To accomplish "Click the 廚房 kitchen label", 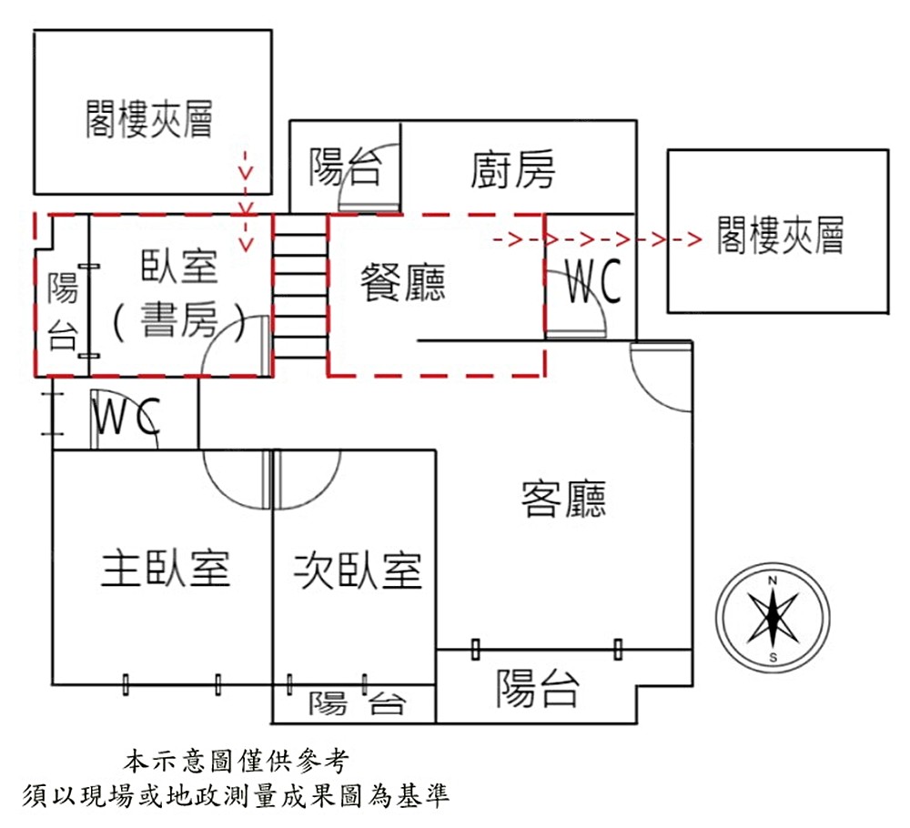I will (x=513, y=169).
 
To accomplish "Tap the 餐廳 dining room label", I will (x=403, y=282).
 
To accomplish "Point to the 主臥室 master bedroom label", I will (x=165, y=569).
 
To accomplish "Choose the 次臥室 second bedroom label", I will (x=358, y=570).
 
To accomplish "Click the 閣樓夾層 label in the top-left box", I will (x=149, y=119).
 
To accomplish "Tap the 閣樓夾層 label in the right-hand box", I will (x=780, y=235).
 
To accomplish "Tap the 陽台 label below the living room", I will (x=537, y=689).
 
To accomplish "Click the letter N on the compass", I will (x=773, y=581).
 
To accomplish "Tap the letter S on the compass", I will (x=773, y=657).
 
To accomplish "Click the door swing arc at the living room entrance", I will (x=660, y=382).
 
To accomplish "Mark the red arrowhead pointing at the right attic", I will (x=693, y=240).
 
